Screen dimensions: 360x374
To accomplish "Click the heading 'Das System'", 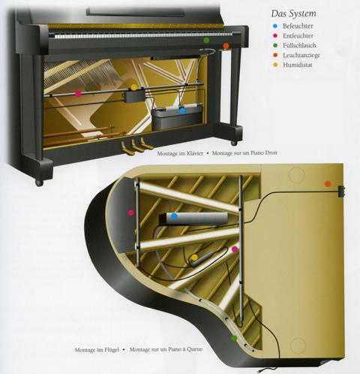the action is click(x=294, y=14).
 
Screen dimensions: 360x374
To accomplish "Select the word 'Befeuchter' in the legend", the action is click(x=298, y=26).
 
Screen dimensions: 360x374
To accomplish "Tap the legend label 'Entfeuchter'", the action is click(x=298, y=35).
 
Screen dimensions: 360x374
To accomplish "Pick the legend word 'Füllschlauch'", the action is click(x=299, y=45).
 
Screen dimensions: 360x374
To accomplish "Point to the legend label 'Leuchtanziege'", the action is click(x=301, y=55).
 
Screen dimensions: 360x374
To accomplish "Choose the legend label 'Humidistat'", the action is click(x=298, y=65).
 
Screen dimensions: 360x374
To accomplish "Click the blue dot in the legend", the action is click(x=275, y=26).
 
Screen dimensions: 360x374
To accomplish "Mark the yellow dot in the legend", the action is click(x=275, y=65).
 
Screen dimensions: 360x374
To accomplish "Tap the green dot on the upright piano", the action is click(x=206, y=40).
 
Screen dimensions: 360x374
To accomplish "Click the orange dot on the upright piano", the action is click(x=226, y=46).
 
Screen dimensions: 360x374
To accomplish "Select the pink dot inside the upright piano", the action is click(x=78, y=94).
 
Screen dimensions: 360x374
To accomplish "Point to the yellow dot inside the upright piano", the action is click(x=134, y=87).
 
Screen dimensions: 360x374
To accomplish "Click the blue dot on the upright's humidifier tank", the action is click(x=182, y=110).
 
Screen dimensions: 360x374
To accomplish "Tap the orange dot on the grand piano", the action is click(x=328, y=184).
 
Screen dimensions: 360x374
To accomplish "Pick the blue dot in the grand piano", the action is click(x=174, y=216).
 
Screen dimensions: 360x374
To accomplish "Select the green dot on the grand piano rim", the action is click(x=234, y=339).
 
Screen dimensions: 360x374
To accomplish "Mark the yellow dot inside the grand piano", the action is click(x=194, y=258).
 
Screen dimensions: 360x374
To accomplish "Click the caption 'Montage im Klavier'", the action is click(x=180, y=153).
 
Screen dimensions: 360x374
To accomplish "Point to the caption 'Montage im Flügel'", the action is click(x=97, y=350).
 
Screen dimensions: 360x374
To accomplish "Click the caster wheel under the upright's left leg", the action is click(x=39, y=182).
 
